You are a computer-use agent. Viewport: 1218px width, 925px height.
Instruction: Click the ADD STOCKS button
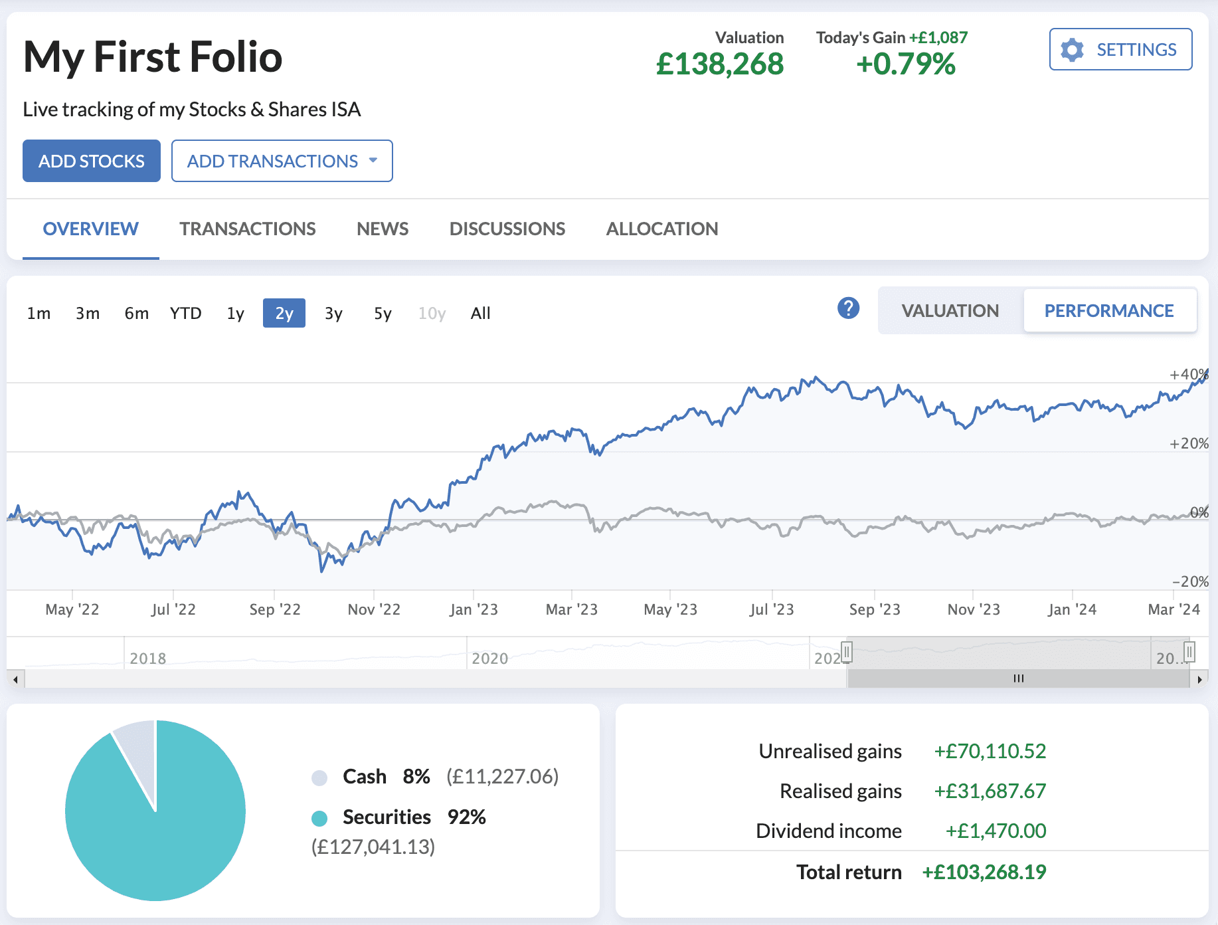(x=92, y=161)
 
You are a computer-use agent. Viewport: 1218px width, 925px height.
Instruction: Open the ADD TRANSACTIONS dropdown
(x=282, y=161)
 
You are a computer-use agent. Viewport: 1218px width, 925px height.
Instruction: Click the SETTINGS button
(x=1120, y=49)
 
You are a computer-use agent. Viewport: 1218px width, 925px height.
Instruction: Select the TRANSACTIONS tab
(x=247, y=229)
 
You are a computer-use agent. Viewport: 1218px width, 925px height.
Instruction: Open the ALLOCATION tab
(x=661, y=229)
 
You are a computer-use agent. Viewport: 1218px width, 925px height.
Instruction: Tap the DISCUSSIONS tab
(x=507, y=229)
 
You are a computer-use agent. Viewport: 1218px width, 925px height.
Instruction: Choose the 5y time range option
(x=383, y=313)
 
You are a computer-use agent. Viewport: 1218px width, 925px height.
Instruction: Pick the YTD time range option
(x=185, y=313)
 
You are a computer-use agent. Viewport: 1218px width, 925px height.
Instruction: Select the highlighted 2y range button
(x=284, y=313)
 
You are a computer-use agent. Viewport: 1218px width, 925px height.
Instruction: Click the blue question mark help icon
(x=848, y=308)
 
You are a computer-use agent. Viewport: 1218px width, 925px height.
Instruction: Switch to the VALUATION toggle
(x=950, y=310)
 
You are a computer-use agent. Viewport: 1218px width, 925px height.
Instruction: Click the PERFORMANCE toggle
(x=1109, y=310)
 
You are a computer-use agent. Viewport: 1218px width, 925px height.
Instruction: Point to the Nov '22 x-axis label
(x=374, y=609)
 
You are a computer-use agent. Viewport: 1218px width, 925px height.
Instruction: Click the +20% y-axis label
(x=1189, y=443)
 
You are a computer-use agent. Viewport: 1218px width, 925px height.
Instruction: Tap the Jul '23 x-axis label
(x=772, y=609)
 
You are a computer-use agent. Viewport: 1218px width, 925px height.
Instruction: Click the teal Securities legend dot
(x=319, y=818)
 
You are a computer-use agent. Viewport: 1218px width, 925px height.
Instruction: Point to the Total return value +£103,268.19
(x=984, y=872)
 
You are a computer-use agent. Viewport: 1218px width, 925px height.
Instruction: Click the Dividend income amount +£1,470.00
(x=996, y=831)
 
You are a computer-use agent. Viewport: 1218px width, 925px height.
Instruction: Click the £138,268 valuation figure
(x=720, y=64)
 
